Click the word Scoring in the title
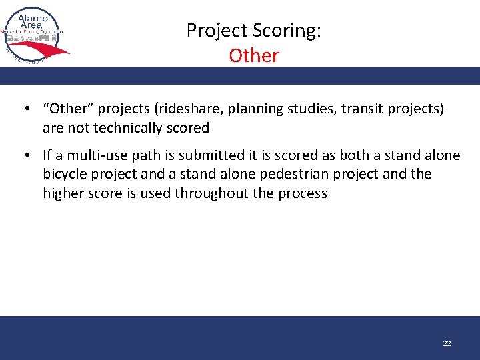289,31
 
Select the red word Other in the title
253,55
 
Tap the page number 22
447,343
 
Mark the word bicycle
67,174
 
